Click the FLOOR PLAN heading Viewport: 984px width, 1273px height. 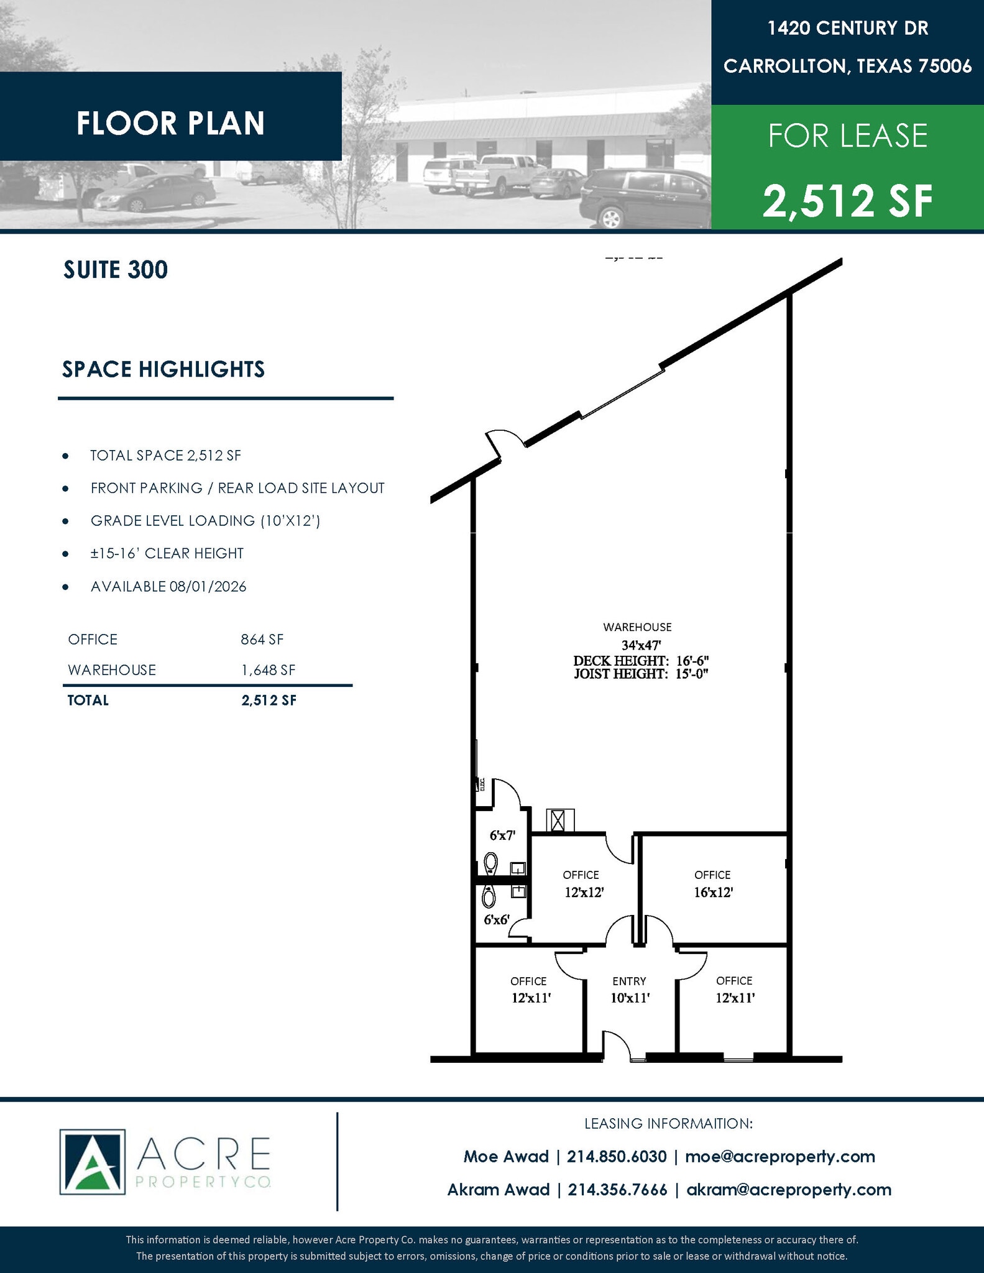(x=171, y=123)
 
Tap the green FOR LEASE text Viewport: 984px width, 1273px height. (x=848, y=136)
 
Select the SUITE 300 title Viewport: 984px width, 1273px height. (x=116, y=270)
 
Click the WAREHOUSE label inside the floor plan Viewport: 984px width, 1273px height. (x=637, y=627)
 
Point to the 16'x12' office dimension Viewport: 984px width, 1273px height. (x=714, y=892)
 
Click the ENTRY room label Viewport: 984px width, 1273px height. (x=629, y=981)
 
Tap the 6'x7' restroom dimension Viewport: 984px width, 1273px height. (x=502, y=835)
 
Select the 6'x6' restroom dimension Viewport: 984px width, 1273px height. (x=497, y=920)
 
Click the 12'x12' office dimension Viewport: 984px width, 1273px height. (x=584, y=892)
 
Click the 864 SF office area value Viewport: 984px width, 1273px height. (x=262, y=640)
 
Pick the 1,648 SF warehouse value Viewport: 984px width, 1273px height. (x=269, y=670)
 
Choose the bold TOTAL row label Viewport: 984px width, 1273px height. (x=88, y=701)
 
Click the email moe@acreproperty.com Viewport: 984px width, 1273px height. (x=780, y=1156)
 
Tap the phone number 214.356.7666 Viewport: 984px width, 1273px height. (x=617, y=1189)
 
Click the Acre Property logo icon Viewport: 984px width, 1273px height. (x=92, y=1162)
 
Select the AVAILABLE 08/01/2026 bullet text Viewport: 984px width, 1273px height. (x=168, y=587)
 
